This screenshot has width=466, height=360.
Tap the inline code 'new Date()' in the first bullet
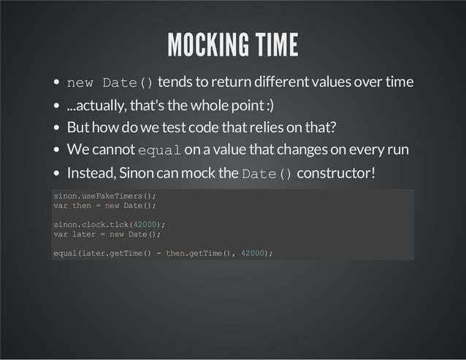110,82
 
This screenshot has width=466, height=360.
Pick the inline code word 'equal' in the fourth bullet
159,151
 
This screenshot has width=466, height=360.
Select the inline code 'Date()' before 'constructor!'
267,175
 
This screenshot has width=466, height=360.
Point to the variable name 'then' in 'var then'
82,206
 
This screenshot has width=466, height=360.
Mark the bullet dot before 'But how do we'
56,128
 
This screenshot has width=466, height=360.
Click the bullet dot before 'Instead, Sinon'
56,175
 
